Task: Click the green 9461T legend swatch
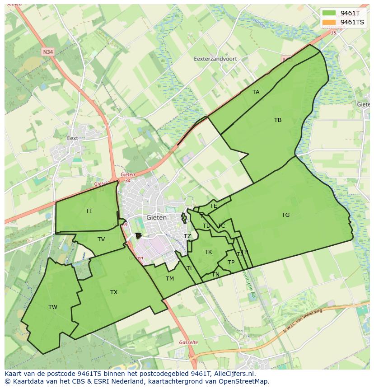tap(329, 13)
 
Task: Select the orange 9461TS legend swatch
tap(329, 22)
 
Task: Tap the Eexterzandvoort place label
tap(215, 59)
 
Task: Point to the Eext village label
tap(72, 138)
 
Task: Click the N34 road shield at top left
tap(47, 52)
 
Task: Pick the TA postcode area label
tap(256, 92)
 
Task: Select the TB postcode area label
tap(278, 120)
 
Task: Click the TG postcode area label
tap(285, 215)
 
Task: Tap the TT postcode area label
tap(89, 211)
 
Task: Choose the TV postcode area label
tap(101, 239)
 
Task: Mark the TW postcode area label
tap(53, 307)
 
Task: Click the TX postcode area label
tap(114, 292)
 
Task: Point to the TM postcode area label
tap(170, 279)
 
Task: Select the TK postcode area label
tap(208, 252)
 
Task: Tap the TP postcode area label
tap(231, 262)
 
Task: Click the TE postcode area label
tap(214, 206)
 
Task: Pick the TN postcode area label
tap(216, 275)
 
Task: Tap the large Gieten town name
tap(157, 217)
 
